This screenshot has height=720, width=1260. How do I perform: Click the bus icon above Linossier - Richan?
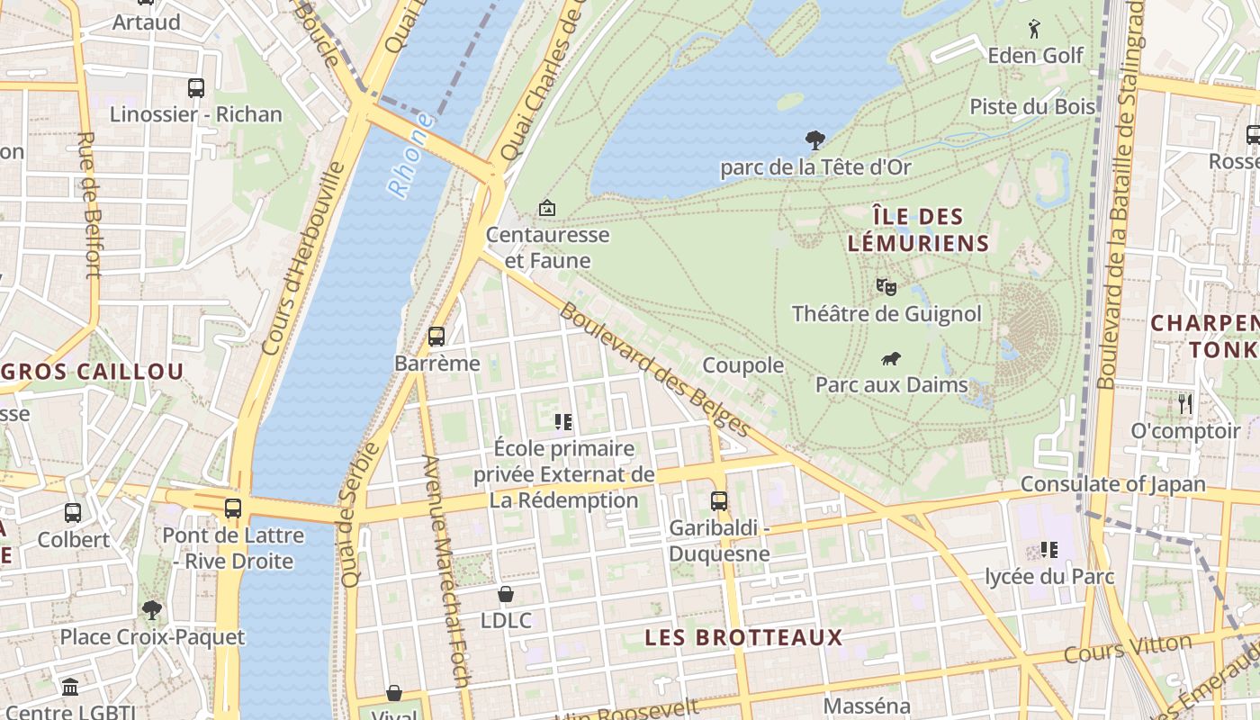pos(196,88)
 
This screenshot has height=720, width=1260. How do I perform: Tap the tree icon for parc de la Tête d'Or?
pos(814,140)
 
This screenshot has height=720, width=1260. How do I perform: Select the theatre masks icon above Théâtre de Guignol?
pos(886,287)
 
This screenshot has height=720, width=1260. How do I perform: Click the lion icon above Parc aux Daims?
pos(891,359)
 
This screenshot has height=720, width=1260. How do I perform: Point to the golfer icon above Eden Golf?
pos(1034,29)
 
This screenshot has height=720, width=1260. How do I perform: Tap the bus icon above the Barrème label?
pos(436,337)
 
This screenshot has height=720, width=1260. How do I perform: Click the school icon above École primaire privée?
pos(564,421)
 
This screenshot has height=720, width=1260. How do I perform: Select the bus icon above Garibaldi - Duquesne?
pos(718,501)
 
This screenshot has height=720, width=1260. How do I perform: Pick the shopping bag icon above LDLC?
pos(506,594)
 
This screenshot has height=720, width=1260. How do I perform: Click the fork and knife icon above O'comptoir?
pos(1185,404)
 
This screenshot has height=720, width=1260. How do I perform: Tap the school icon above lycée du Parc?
pos(1048,549)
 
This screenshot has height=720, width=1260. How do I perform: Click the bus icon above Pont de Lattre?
pos(233,508)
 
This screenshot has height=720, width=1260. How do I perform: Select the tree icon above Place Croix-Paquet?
pos(152,610)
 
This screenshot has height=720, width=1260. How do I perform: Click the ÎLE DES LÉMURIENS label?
pos(918,229)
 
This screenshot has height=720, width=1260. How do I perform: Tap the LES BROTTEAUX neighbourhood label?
pos(743,638)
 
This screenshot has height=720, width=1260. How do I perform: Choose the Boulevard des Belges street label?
pos(654,370)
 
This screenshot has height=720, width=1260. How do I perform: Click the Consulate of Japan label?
pos(1112,484)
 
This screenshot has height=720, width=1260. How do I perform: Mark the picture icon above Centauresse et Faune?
pos(546,208)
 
